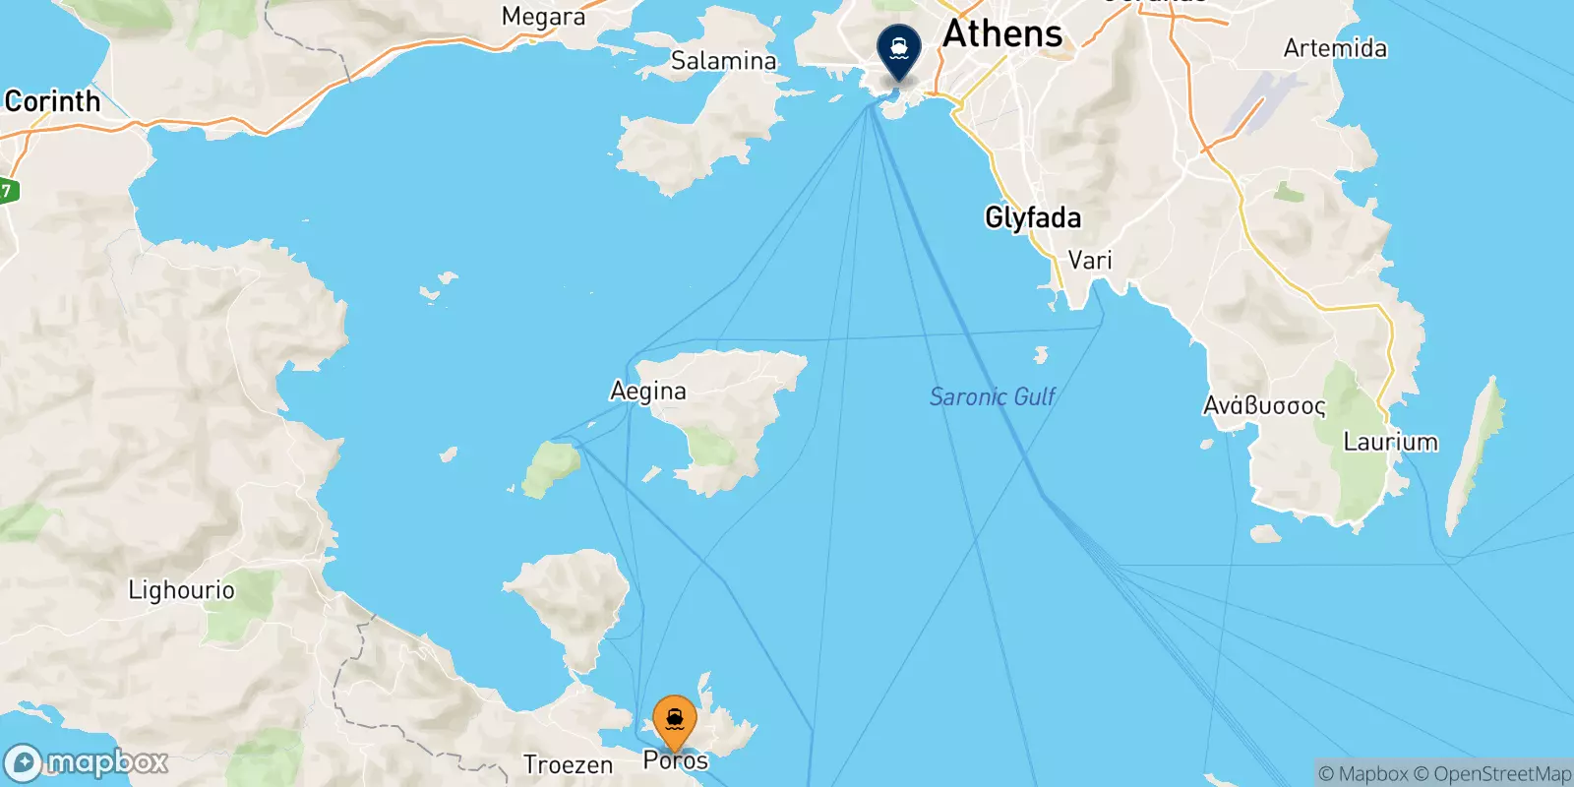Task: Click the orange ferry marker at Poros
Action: coord(675,721)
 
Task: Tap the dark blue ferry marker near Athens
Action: coord(898,46)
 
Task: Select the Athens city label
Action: coord(1002,34)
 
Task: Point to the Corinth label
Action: coord(53,101)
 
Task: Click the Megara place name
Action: coord(543,17)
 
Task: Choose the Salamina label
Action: coord(723,61)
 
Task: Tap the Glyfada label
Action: coord(1033,217)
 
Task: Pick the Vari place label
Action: coord(1090,261)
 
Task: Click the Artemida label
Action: coord(1335,48)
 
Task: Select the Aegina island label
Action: coord(648,392)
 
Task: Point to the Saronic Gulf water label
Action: coord(993,396)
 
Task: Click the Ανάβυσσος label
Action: coord(1264,405)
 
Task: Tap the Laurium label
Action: coord(1390,442)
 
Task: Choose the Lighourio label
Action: coord(182,590)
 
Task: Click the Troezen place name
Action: coord(568,764)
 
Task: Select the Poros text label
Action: coord(676,760)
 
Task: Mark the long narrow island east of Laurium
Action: coord(1474,454)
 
